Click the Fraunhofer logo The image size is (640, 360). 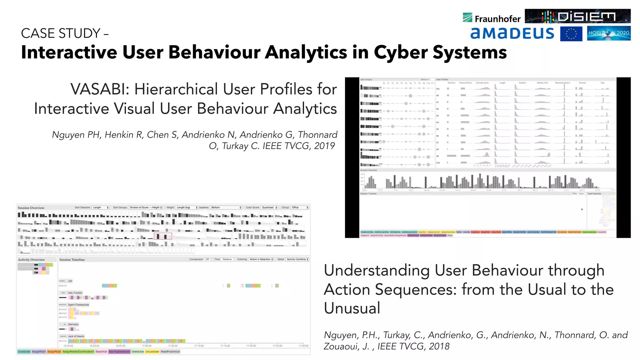coord(492,18)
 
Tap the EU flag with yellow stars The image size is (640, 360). coord(571,34)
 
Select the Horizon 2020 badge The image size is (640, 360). coord(608,33)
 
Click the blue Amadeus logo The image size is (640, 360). coord(512,33)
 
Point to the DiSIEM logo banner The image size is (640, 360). coord(577,16)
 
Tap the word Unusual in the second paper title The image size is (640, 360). coord(352,308)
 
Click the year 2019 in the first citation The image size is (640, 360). coord(324,146)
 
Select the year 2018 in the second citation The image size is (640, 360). coord(439,346)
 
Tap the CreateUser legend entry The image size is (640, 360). coord(24,352)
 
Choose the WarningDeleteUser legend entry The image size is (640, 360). coord(119,352)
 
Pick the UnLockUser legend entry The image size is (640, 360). coord(152,352)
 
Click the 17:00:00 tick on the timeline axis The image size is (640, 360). coord(147,346)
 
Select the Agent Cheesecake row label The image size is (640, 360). coord(78,305)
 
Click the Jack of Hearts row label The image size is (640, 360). coord(76,336)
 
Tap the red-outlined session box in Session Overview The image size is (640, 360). coord(162,237)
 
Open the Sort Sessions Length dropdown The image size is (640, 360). coord(100,207)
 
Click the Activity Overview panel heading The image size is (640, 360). coord(31,260)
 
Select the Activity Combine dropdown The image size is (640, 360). coord(297,259)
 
